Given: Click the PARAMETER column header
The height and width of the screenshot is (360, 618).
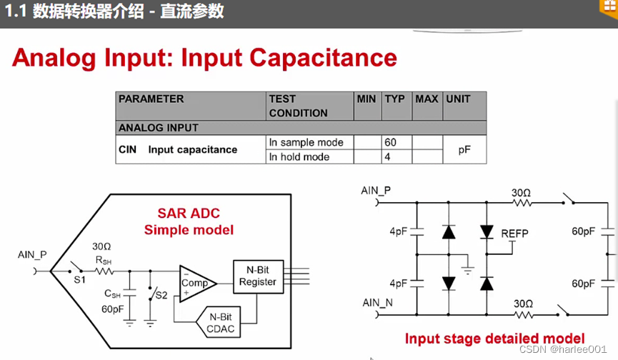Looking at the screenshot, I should pyautogui.click(x=151, y=99).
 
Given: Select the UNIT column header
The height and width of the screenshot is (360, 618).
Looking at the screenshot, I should pyautogui.click(x=458, y=99).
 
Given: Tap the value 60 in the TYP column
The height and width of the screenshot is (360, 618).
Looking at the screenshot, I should pyautogui.click(x=391, y=142).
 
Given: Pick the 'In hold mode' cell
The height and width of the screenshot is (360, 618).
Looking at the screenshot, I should pyautogui.click(x=299, y=157).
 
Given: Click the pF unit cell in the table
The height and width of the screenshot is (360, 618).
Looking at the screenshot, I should pyautogui.click(x=464, y=150).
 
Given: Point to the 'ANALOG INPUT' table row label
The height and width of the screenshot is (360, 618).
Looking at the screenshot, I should pyautogui.click(x=159, y=128).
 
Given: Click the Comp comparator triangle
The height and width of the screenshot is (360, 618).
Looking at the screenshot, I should pyautogui.click(x=194, y=283).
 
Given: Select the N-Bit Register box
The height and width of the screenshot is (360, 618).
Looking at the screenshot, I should pyautogui.click(x=258, y=276).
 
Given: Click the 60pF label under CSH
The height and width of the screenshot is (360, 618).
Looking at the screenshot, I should pyautogui.click(x=112, y=310).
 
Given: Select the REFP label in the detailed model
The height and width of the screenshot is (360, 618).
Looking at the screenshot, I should pyautogui.click(x=515, y=234).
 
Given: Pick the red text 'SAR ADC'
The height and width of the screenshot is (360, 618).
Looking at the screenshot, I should pyautogui.click(x=189, y=214).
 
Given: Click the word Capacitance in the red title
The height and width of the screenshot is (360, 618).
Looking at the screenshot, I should pyautogui.click(x=319, y=58).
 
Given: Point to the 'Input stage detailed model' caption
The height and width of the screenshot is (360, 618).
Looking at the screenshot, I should pyautogui.click(x=494, y=339).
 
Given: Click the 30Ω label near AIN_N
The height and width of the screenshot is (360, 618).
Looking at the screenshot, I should pyautogui.click(x=523, y=304).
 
